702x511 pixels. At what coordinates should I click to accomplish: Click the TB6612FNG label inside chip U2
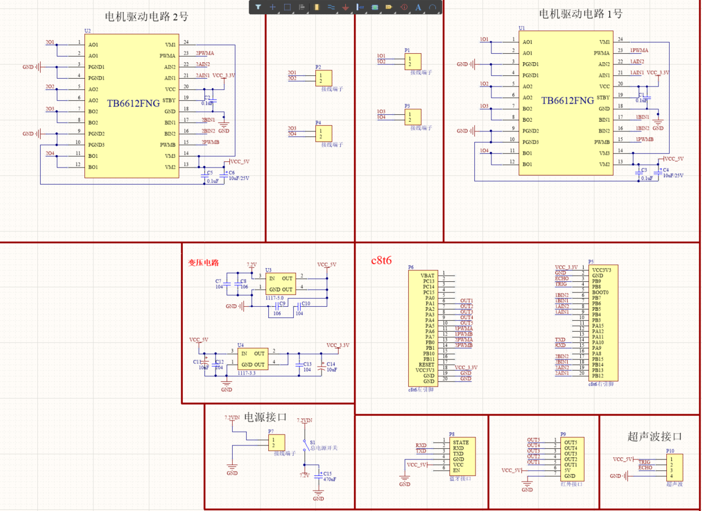click(x=134, y=103)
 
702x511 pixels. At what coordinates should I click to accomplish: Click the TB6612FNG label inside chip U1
click(x=568, y=101)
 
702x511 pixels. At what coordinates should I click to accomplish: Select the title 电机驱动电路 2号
click(x=147, y=17)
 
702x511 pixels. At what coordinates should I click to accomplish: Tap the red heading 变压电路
click(x=203, y=263)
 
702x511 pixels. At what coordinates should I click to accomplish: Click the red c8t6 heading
click(x=382, y=260)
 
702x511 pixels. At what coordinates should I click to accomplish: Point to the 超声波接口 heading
click(x=654, y=436)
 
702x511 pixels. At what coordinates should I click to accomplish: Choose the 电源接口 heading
click(x=266, y=418)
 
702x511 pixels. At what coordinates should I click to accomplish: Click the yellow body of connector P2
click(x=324, y=78)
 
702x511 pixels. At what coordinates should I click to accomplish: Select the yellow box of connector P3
click(x=413, y=117)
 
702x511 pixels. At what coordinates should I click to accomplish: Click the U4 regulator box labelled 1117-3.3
click(x=252, y=359)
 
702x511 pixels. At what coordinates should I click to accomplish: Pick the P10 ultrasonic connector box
click(x=674, y=467)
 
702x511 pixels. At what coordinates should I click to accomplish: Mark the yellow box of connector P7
click(x=277, y=442)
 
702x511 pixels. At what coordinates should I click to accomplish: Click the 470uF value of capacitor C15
click(x=329, y=479)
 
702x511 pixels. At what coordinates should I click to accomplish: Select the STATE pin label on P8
click(x=460, y=442)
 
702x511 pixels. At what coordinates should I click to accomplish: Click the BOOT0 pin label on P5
click(x=600, y=293)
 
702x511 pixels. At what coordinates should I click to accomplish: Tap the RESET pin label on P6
click(x=426, y=364)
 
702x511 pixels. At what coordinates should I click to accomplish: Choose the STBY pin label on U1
click(x=603, y=97)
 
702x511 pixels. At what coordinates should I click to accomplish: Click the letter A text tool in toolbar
click(x=418, y=7)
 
